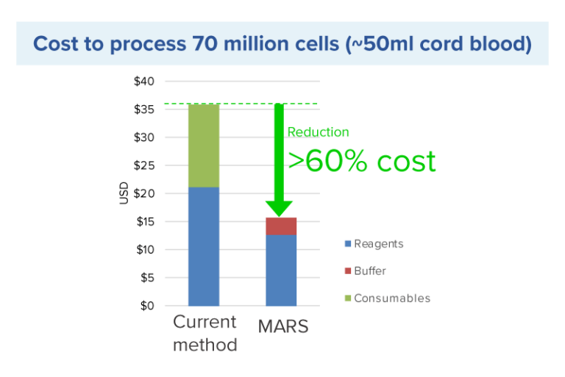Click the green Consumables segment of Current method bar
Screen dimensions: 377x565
[204, 146]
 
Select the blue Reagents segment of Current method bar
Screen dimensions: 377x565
[204, 246]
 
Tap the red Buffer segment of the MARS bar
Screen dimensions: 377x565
[281, 226]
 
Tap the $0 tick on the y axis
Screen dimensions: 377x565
[146, 306]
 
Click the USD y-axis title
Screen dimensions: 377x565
[124, 193]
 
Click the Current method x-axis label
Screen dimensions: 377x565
[205, 333]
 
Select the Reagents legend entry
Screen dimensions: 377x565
[378, 244]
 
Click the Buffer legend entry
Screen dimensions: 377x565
[369, 271]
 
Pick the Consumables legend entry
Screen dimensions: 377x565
[391, 298]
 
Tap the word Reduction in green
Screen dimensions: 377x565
[318, 132]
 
